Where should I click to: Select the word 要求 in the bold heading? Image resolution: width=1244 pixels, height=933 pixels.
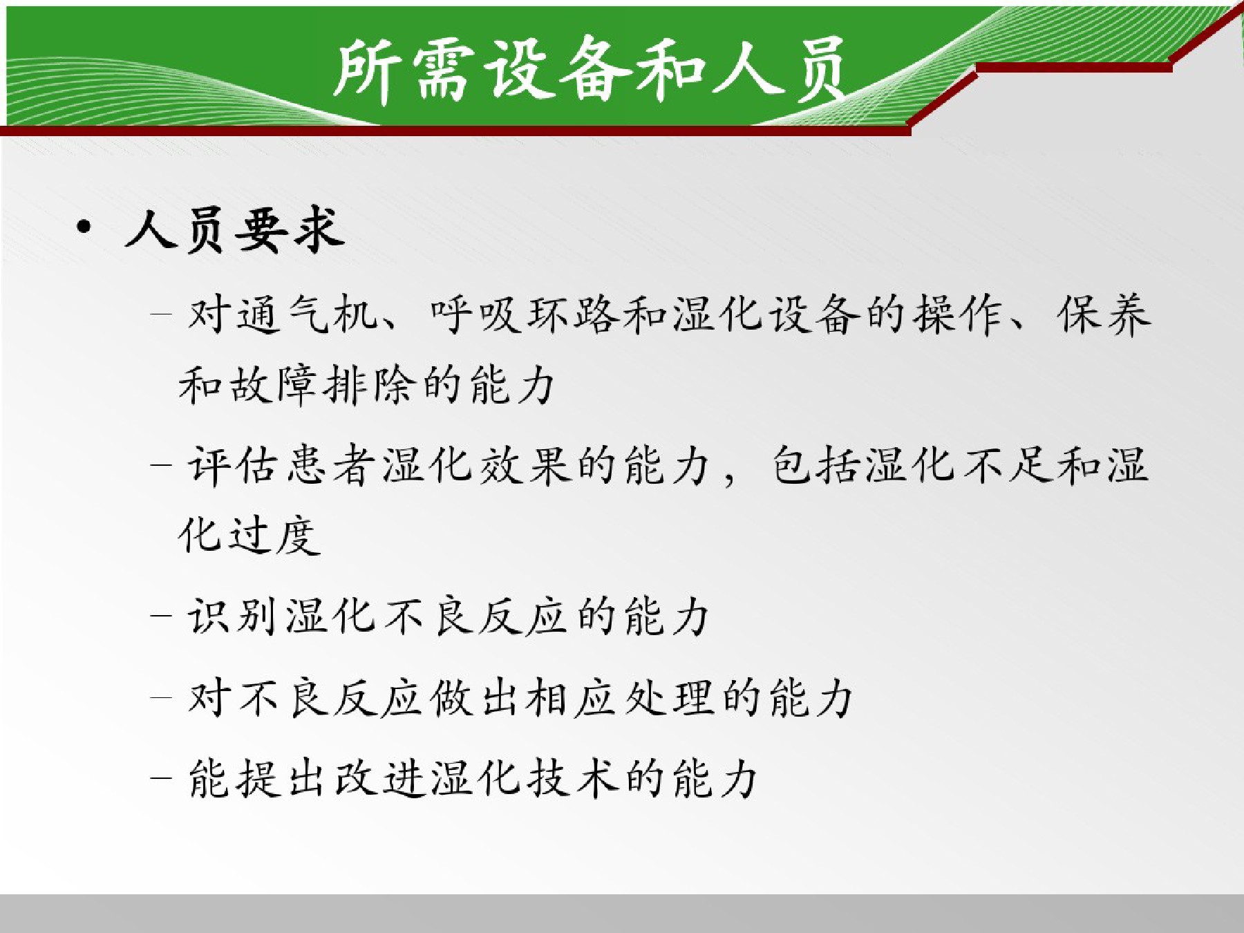289,229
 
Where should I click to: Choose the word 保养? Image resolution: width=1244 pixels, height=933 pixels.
1104,315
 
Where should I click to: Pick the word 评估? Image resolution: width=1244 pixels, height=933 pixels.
233,464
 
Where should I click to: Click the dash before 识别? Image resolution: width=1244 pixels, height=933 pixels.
160,616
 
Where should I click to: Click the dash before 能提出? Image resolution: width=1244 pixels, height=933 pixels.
160,778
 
